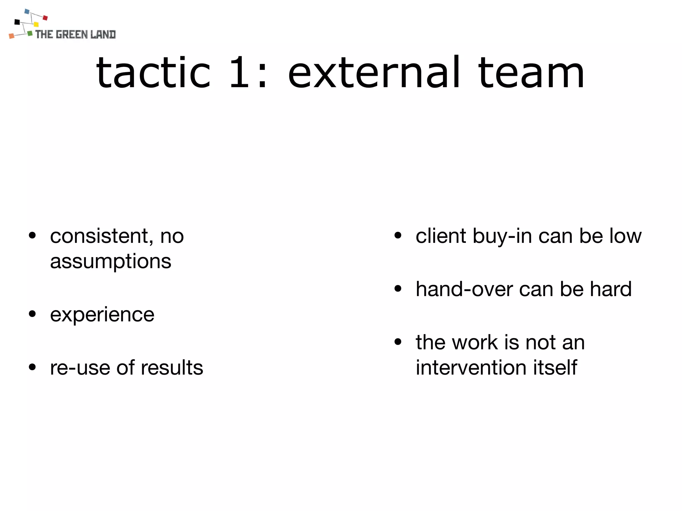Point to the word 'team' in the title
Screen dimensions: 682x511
coord(531,73)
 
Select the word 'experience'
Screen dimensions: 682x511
coord(102,315)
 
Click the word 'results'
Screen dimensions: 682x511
coord(172,368)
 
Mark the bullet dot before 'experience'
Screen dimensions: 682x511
coord(32,314)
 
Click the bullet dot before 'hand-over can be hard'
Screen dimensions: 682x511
coord(398,288)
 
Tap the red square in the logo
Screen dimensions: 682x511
coord(45,18)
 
